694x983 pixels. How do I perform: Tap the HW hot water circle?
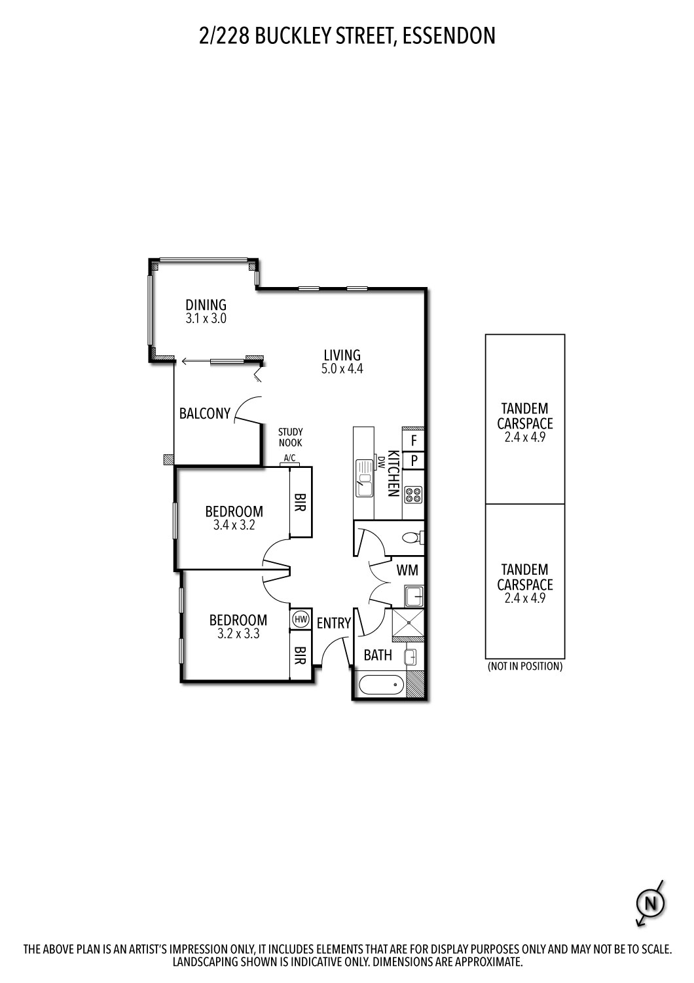[x=301, y=619]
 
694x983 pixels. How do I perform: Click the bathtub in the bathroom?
[x=380, y=685]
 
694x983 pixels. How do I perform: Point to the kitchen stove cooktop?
[x=413, y=495]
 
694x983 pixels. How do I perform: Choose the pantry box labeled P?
[x=414, y=461]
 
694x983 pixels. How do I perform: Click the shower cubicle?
[x=407, y=624]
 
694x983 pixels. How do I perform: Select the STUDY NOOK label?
[x=290, y=437]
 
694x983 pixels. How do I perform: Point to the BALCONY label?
[x=205, y=414]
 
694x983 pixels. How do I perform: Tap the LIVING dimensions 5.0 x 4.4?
[x=342, y=369]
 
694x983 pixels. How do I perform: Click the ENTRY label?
[x=334, y=623]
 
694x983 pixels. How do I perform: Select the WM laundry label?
[x=407, y=570]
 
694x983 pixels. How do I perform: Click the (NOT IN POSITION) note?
[x=524, y=666]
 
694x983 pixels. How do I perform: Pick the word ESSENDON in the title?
[x=448, y=35]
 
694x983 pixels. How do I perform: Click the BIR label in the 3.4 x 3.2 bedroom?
[x=301, y=503]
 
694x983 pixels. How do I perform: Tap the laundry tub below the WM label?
[x=413, y=596]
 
